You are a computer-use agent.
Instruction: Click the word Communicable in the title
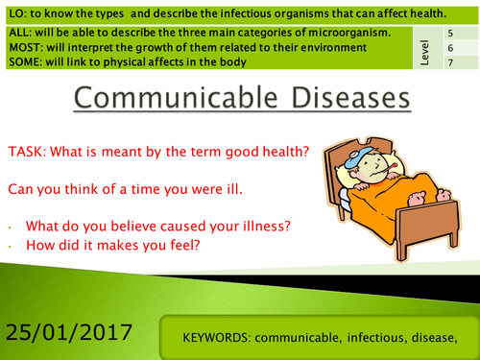pos(176,98)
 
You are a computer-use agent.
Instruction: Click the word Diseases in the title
pos(351,98)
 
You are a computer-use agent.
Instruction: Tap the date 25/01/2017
pos(69,332)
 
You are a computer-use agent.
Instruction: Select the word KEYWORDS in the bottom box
pos(217,338)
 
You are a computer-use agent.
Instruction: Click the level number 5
pos(450,34)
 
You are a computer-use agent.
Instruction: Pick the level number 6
pos(450,48)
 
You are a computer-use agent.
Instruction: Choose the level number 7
pos(450,62)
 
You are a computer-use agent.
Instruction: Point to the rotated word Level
pos(424,53)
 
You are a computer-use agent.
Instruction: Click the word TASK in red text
pos(27,152)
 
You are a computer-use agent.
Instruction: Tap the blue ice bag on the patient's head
pos(358,156)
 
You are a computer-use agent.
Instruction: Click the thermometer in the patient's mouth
pos(386,169)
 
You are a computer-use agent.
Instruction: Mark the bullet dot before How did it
pos(11,247)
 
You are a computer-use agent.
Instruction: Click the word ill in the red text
pos(234,189)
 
